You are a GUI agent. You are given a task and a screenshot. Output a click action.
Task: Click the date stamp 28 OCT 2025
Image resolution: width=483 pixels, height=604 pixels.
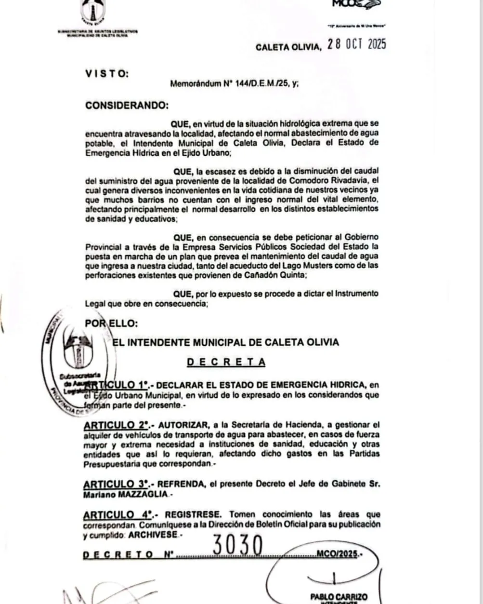point(356,45)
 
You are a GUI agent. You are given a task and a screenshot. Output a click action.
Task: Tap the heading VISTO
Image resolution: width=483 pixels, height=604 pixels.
point(107,74)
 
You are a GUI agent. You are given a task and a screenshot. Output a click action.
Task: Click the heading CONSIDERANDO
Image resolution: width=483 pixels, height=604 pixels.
point(127,105)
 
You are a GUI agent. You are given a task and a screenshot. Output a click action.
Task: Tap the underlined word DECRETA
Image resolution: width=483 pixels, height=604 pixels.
point(226,362)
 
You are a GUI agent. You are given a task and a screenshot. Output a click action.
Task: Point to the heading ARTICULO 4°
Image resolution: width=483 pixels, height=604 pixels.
point(118,514)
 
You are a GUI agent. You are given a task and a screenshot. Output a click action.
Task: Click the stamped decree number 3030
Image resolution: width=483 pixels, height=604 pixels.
point(238,546)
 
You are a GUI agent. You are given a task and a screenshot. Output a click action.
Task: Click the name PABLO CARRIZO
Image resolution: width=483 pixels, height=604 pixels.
point(339,597)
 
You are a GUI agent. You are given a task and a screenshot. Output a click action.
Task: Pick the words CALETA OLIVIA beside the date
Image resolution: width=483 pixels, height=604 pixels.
point(287,47)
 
